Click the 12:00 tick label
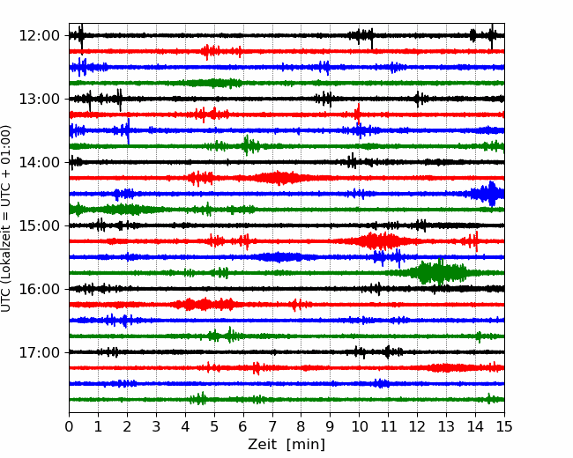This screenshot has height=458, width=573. point(39,36)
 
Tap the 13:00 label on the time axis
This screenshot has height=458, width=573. point(39,99)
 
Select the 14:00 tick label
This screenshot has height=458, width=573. point(39,162)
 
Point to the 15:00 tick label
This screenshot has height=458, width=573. point(39,225)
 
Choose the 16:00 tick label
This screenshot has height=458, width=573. point(39,289)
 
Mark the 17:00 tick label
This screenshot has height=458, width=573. point(39,352)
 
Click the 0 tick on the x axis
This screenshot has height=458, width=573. point(69,426)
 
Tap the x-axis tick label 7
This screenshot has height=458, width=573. point(272,426)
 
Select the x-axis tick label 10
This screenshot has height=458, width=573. point(359,426)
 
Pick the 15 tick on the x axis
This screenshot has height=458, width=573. point(504,426)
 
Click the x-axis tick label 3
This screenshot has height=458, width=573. point(156,426)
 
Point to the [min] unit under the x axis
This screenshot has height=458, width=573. point(306,445)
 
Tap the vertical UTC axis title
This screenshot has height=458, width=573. point(5,218)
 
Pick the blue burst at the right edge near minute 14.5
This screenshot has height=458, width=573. point(489,194)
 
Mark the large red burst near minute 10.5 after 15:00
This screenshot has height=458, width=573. point(380,241)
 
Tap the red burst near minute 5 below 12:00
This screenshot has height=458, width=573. point(211,51)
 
